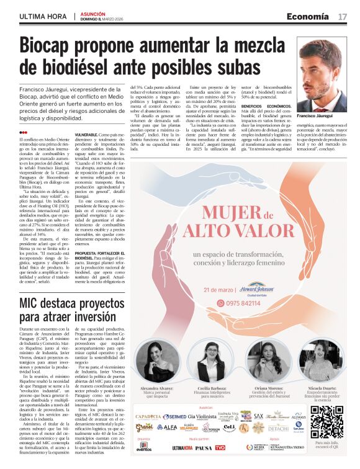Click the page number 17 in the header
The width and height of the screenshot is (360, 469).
343,16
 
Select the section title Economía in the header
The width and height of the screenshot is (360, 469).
308,16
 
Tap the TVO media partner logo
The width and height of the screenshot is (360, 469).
220,447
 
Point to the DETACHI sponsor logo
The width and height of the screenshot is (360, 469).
277,429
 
